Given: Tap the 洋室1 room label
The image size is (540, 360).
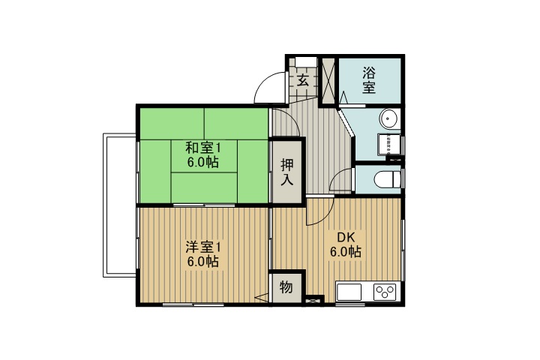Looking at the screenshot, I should [202, 247].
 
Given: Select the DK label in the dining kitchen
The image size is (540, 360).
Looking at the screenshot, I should [345, 238].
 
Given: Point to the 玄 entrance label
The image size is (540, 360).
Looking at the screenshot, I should [302, 80].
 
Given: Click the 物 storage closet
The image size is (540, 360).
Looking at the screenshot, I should [286, 287].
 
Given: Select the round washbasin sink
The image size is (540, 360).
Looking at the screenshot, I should [388, 118].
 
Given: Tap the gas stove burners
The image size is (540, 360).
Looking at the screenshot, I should [385, 291].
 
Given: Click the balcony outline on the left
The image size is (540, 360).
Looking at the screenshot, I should [118, 204].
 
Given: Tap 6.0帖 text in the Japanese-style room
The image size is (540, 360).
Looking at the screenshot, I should [202, 162].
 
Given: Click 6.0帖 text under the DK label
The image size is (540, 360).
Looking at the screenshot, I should [345, 252].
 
